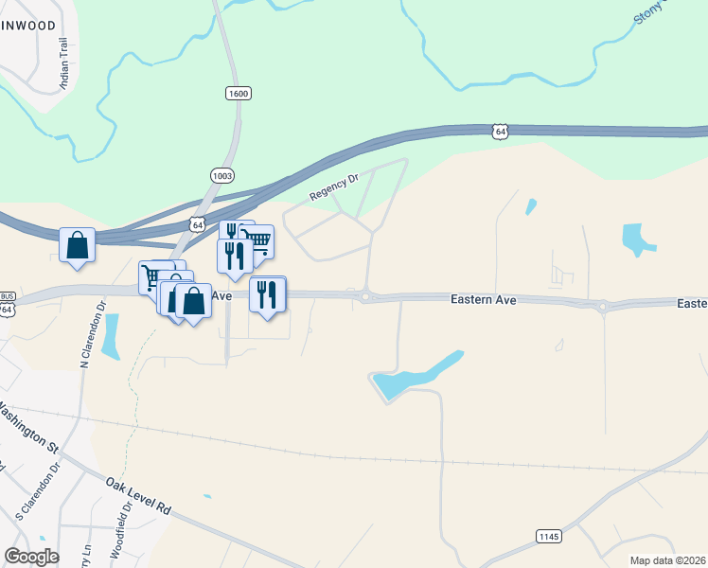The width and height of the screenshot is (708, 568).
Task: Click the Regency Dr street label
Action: [x=335, y=186]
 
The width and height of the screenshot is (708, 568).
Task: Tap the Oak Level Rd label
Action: [x=138, y=495]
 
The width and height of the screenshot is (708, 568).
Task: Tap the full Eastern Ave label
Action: [x=483, y=299]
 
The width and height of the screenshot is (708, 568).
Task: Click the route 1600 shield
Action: [x=239, y=93]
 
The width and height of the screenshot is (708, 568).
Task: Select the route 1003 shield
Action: [x=221, y=176]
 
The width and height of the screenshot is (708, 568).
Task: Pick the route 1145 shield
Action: [x=548, y=537]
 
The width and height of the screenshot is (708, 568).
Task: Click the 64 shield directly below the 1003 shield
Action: [x=196, y=224]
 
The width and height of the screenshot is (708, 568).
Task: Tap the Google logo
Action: [x=31, y=556]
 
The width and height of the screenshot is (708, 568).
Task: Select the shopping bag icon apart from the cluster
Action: [x=77, y=245]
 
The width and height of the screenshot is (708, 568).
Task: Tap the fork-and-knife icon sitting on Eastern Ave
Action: [x=268, y=295]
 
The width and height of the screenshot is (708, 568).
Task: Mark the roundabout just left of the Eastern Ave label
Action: [x=365, y=297]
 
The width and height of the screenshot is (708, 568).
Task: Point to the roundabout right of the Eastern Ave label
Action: [x=602, y=306]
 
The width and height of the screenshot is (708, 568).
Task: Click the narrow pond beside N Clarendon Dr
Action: [x=111, y=337]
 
